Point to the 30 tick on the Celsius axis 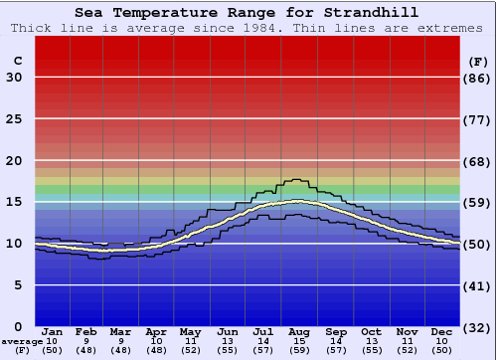pos(14,78)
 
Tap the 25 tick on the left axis pos(14,119)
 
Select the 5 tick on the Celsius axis pos(18,285)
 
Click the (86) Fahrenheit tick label pos(478,78)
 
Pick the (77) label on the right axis pos(478,119)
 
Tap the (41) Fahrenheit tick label pos(478,285)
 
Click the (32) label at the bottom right pos(478,327)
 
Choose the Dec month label pos(442,331)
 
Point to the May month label pos(190,331)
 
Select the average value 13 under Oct pos(371,341)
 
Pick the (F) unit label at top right pos(478,62)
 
